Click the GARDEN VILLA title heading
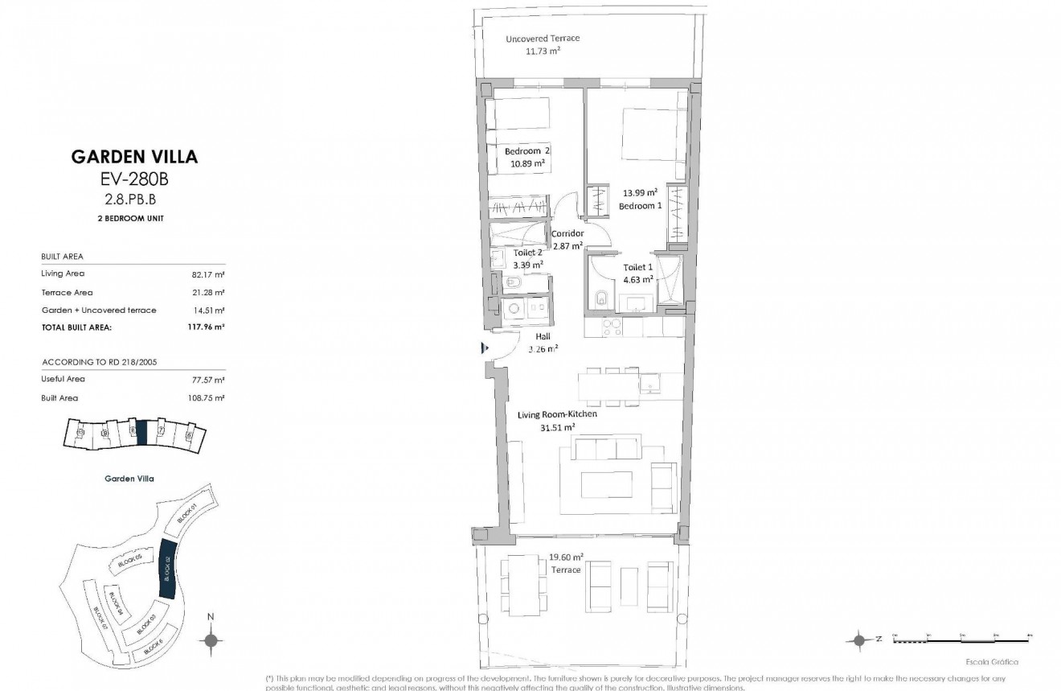(x=134, y=157)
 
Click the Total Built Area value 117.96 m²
(x=207, y=327)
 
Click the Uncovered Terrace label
(x=542, y=39)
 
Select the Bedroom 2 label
(x=527, y=151)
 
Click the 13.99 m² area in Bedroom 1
(x=640, y=192)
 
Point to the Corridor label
(x=567, y=234)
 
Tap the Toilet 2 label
(x=528, y=252)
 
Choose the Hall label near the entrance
(x=543, y=337)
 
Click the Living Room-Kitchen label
(x=557, y=414)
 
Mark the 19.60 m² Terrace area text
(x=566, y=557)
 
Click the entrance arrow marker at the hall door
(x=485, y=348)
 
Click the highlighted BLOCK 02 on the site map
(x=168, y=569)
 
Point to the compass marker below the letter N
(x=211, y=640)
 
